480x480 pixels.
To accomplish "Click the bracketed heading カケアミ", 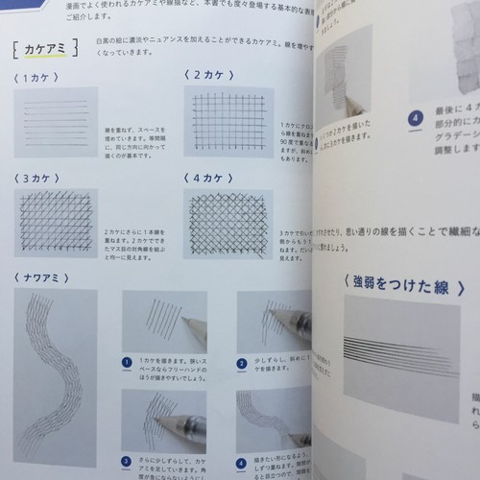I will click(44, 48).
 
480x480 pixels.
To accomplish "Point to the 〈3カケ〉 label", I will click(37, 179).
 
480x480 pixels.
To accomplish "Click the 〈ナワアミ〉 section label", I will click(42, 277).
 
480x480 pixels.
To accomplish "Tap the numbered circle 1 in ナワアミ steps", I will click(128, 363).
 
